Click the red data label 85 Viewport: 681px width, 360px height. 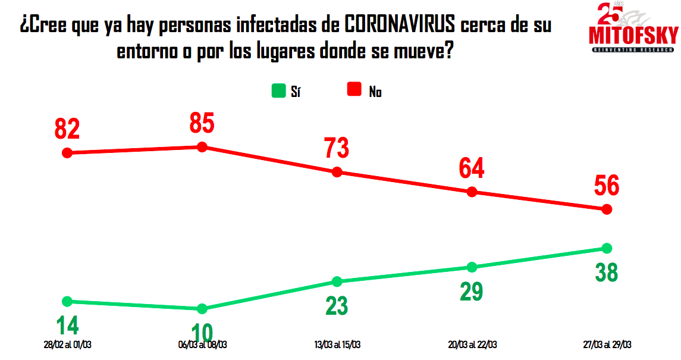[x=202, y=123]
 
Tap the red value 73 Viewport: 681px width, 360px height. [x=337, y=148]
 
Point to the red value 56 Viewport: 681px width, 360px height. [x=607, y=186]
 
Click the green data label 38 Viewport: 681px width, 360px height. [x=607, y=272]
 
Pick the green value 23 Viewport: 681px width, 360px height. [x=337, y=305]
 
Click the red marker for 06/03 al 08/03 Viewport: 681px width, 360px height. [x=202, y=147]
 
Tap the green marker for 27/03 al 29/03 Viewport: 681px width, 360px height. [x=607, y=248]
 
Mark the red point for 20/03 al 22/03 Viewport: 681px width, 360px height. [x=472, y=192]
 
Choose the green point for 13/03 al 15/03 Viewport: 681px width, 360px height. [x=337, y=281]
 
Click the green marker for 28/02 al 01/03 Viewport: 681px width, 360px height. [x=67, y=301]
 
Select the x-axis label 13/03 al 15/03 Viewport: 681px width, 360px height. [x=337, y=345]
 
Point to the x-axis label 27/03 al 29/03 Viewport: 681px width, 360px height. [x=607, y=345]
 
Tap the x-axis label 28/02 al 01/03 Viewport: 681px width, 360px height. [x=67, y=345]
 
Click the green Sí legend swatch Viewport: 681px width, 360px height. [x=278, y=90]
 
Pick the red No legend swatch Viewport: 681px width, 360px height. [x=354, y=90]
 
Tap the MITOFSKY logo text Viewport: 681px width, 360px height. [x=633, y=36]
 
